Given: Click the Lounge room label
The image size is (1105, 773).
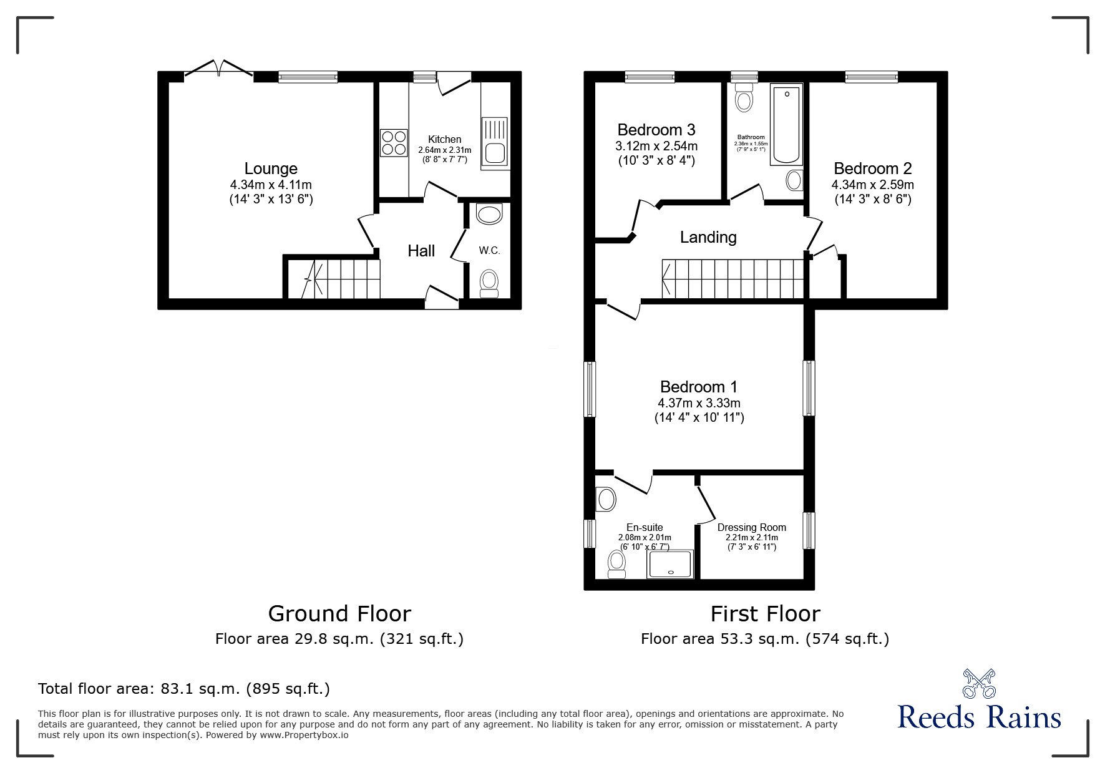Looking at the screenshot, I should pyautogui.click(x=271, y=168).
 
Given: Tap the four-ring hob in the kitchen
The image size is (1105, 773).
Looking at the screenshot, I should pyautogui.click(x=394, y=142).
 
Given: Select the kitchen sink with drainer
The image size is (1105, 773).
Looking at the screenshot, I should pyautogui.click(x=495, y=143).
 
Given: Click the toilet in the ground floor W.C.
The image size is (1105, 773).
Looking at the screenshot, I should pyautogui.click(x=489, y=284).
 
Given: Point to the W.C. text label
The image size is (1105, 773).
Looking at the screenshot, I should pyautogui.click(x=489, y=250).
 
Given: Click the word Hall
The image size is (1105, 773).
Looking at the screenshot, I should pyautogui.click(x=421, y=251).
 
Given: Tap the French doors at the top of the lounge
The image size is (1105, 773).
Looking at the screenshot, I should pyautogui.click(x=219, y=69).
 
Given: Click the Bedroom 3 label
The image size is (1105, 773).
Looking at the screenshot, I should pyautogui.click(x=656, y=130).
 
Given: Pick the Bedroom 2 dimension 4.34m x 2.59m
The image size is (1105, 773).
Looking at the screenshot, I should pyautogui.click(x=872, y=185).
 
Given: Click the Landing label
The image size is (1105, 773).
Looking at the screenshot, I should pyautogui.click(x=708, y=237).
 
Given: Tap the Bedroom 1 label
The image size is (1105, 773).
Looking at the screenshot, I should pyautogui.click(x=698, y=387).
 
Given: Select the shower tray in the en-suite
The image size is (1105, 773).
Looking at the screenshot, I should pyautogui.click(x=670, y=564).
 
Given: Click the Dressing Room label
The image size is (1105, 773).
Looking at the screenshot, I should pyautogui.click(x=751, y=527).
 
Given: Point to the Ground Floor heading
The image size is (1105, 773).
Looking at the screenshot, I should pyautogui.click(x=339, y=613).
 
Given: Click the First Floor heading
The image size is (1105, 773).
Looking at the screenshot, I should pyautogui.click(x=765, y=613).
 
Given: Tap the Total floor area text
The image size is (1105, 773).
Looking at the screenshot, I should pyautogui.click(x=184, y=689).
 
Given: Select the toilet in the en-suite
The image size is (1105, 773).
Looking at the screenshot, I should pyautogui.click(x=616, y=564).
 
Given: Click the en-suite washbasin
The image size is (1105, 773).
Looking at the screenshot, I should pyautogui.click(x=606, y=499).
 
